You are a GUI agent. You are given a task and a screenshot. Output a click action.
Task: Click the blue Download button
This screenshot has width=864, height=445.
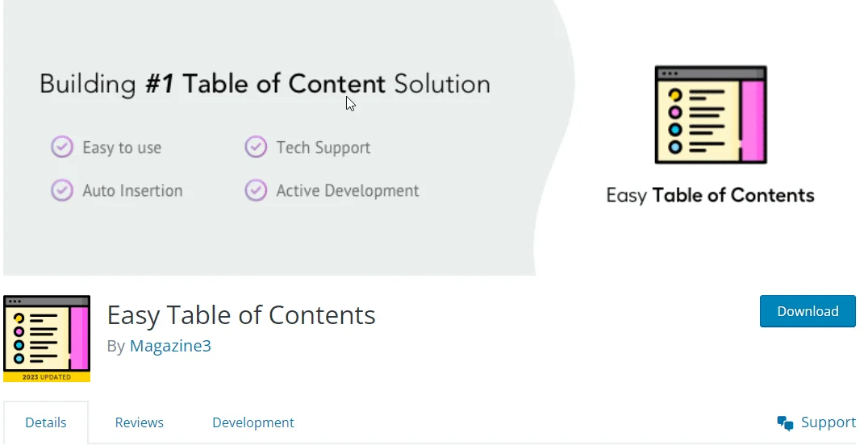tap(808, 311)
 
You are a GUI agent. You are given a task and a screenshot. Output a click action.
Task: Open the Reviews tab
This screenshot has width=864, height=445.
tap(139, 422)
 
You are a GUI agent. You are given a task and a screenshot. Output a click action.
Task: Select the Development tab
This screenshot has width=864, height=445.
tap(253, 422)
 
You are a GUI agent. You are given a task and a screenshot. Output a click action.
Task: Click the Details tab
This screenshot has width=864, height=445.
tap(46, 422)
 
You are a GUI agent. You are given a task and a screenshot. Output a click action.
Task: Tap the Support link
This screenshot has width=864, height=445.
tap(828, 422)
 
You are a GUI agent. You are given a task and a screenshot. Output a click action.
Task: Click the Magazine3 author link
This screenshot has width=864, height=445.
tap(170, 346)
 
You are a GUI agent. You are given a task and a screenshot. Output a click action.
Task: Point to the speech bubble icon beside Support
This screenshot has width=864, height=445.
tap(785, 423)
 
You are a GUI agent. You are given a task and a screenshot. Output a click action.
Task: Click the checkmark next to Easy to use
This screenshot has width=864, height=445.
tap(62, 148)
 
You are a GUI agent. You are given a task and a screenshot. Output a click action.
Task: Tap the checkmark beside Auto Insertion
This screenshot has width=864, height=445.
tap(62, 191)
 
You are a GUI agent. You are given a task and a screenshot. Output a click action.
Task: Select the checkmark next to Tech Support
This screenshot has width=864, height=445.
tap(256, 148)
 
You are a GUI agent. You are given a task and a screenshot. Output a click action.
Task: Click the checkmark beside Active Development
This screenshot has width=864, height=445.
tap(256, 191)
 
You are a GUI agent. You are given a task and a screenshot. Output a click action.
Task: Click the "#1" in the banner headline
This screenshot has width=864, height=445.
tap(161, 84)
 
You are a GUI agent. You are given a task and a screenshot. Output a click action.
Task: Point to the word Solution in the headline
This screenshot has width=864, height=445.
tap(442, 84)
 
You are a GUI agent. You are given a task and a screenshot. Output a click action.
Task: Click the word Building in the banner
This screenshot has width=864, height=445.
tap(88, 84)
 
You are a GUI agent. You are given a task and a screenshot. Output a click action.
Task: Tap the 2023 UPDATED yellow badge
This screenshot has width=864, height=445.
tap(47, 376)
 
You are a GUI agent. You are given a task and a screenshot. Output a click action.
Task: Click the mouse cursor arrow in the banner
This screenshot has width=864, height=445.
tap(350, 103)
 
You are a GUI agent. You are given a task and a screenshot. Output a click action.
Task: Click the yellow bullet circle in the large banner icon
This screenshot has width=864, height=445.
tap(675, 96)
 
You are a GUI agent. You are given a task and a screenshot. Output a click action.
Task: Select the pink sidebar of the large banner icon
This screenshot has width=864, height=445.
tap(753, 121)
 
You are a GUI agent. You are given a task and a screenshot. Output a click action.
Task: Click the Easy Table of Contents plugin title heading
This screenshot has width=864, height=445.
tap(241, 314)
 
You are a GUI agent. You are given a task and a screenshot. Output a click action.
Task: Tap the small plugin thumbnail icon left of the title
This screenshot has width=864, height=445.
tap(47, 335)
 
